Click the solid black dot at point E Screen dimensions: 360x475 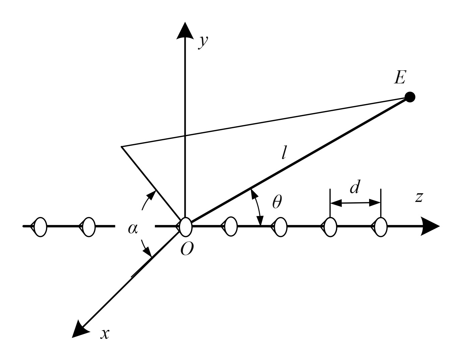(x=410, y=97)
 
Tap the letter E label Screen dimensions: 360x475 (x=400, y=78)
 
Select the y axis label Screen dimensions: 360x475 (x=203, y=42)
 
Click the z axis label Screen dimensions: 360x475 (x=419, y=197)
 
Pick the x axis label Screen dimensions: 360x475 (x=105, y=334)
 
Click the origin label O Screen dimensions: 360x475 (x=186, y=248)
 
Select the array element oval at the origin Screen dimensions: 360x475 (x=185, y=227)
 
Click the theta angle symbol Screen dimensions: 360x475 (x=277, y=202)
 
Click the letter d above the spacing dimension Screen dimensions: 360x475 (x=355, y=187)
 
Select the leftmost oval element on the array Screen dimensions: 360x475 (x=41, y=227)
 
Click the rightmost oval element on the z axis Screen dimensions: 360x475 (x=381, y=227)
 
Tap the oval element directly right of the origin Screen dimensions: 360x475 (x=231, y=227)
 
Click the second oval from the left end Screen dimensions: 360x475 (x=89, y=227)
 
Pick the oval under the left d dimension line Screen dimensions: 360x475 (x=331, y=227)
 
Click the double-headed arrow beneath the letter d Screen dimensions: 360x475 (x=355, y=203)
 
